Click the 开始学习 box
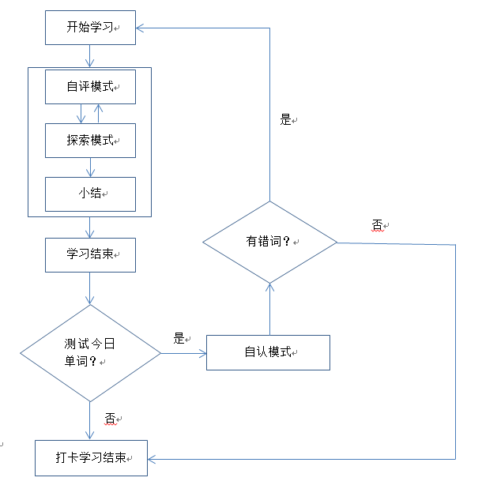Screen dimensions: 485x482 click(90, 28)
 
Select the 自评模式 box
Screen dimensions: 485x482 click(90, 86)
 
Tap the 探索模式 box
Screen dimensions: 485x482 click(90, 140)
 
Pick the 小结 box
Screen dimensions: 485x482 click(90, 194)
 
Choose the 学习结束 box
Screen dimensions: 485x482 click(90, 254)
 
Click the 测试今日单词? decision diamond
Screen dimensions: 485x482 click(90, 352)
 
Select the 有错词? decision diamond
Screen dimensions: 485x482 click(270, 241)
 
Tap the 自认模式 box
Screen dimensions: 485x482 click(268, 352)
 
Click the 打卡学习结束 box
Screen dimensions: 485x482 click(91, 457)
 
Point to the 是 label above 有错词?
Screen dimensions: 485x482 click(285, 120)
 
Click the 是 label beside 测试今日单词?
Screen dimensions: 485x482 click(179, 338)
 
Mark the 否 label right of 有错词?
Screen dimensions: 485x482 click(377, 225)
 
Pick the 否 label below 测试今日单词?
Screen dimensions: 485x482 click(110, 417)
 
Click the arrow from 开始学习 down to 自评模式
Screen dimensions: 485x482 click(90, 55)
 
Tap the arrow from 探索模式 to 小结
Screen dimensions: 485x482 click(90, 167)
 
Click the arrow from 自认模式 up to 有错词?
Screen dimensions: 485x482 click(270, 308)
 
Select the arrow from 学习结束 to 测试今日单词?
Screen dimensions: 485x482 click(90, 288)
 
